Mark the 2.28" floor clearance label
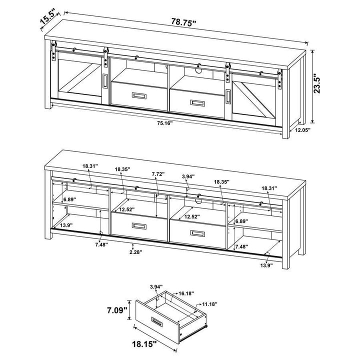132,252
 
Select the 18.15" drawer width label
143,343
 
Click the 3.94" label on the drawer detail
156,286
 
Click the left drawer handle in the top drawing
137,95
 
